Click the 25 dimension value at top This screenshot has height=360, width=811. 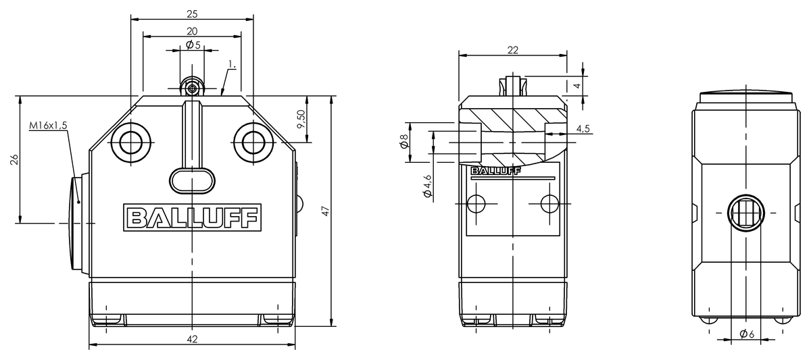point(192,14)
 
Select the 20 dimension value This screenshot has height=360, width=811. point(192,30)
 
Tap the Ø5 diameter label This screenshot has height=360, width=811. point(193,45)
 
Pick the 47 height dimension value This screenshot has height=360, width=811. point(325,211)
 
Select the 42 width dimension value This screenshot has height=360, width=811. point(192,340)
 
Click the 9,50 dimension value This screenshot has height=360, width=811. point(301,120)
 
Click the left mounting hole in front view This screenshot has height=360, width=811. point(130,143)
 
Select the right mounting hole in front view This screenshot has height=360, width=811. point(253,143)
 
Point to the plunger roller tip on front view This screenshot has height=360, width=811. point(193,88)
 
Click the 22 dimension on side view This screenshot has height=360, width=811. point(512,49)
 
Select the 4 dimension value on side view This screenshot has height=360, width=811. point(576,86)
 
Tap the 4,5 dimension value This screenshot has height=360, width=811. point(583,128)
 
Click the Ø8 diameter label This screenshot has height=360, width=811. point(403,141)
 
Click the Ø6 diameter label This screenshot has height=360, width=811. point(746,334)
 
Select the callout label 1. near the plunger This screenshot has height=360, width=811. point(232,65)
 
